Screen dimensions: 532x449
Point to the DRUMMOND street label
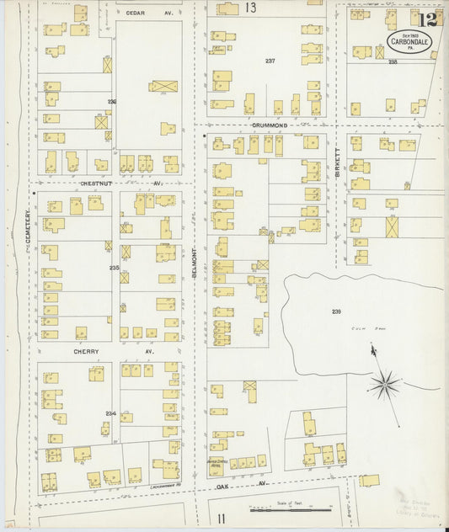[270, 125]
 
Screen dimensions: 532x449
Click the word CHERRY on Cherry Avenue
[85, 351]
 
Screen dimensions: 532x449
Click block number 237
[270, 61]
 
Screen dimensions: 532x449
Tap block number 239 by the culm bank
[336, 312]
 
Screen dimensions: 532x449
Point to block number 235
[114, 269]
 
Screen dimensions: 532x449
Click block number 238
[392, 61]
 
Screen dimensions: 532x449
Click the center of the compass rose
[385, 385]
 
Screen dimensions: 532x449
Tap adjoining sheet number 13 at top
[251, 8]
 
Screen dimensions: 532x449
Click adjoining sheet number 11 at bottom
[222, 517]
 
